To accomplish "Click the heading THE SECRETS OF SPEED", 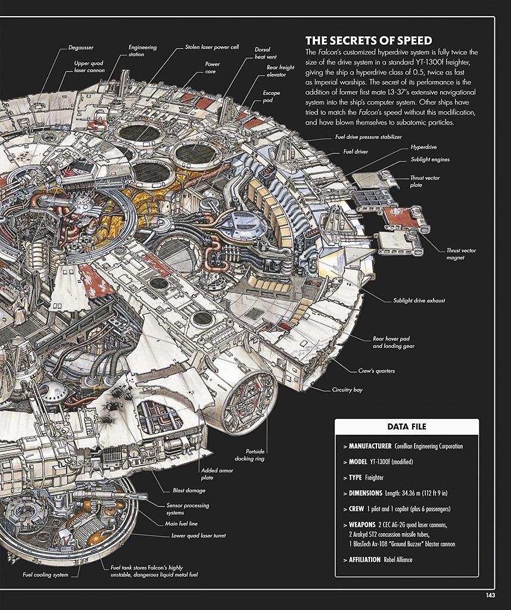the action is [x=369, y=41].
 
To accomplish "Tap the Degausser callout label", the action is [x=81, y=48].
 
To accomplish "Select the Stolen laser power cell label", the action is [x=212, y=47].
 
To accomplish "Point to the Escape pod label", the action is [x=271, y=97].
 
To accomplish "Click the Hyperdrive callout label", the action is [x=423, y=147].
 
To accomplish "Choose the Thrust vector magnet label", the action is [x=461, y=254].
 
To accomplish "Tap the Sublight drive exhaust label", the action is [x=419, y=300].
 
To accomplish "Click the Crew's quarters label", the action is [x=376, y=371].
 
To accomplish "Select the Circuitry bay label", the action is [x=347, y=390].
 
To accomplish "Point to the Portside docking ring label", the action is [x=250, y=455].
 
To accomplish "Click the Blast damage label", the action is [x=189, y=491].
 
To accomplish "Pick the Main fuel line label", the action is [x=181, y=524].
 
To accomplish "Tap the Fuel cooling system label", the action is [x=45, y=575].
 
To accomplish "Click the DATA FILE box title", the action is [x=407, y=427].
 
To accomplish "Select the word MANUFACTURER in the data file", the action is [x=370, y=446].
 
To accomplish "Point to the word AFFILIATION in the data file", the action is [x=364, y=559].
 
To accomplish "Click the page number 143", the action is [x=490, y=595].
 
